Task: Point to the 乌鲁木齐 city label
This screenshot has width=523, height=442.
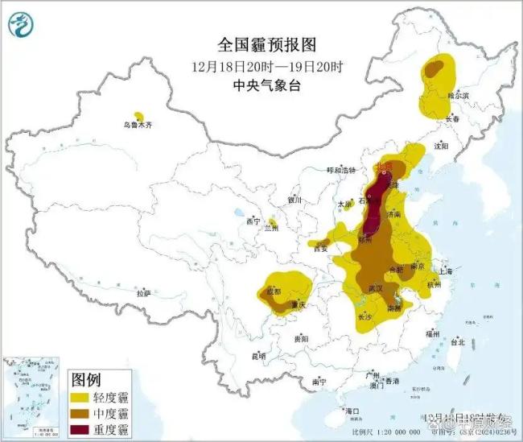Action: (138, 126)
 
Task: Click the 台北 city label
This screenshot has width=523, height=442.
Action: (457, 341)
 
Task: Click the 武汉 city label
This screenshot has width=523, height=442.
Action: (373, 287)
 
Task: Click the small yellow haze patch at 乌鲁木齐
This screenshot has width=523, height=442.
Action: (139, 117)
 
